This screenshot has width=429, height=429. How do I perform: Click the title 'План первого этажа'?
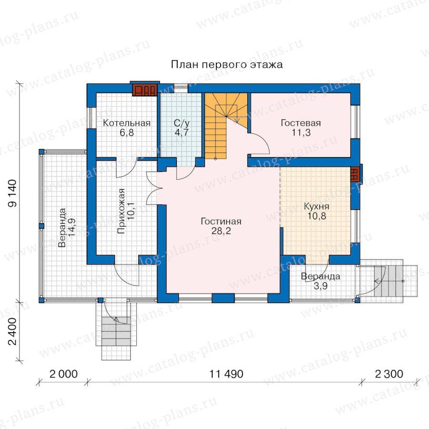pos(227,65)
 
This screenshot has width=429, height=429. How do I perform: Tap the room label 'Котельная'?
pos(127,123)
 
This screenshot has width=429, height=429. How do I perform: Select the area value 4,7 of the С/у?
pos(182,133)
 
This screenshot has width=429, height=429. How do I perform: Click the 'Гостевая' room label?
pos(301,123)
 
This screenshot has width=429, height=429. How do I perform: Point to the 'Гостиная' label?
pos(221,221)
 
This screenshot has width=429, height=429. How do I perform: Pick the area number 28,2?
pos(221,231)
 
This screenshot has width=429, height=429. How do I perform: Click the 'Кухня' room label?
pos(317,206)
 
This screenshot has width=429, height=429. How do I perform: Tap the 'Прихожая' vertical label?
pos(121,211)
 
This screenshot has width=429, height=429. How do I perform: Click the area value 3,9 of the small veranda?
pos(320,286)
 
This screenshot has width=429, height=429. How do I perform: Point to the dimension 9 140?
pos(12,193)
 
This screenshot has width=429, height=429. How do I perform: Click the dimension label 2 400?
pos(12,331)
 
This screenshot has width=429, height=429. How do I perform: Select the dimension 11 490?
pos(226,374)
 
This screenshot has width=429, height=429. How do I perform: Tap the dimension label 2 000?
pos(63,374)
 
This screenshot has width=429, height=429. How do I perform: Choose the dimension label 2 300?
pos(389,374)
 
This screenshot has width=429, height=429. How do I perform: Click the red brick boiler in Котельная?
pos(145,90)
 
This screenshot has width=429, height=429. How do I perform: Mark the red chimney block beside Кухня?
pos(354,174)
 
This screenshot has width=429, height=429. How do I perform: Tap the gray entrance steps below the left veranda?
pos(116,331)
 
